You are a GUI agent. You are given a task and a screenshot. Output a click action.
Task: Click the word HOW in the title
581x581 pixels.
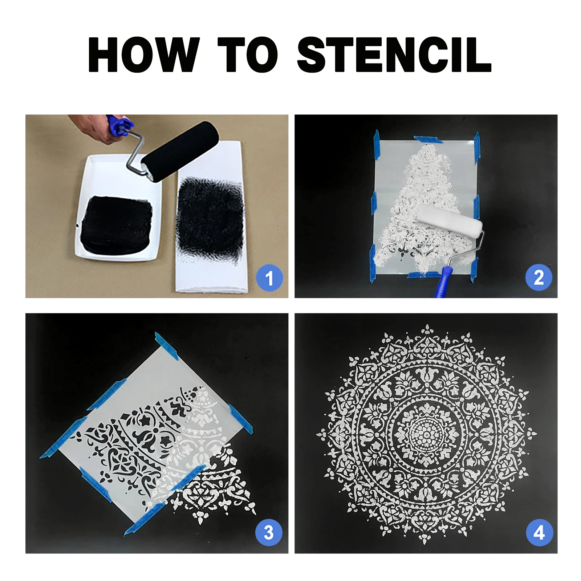coord(144,54)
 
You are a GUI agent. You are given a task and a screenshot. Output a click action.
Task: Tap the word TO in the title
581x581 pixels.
coord(248,54)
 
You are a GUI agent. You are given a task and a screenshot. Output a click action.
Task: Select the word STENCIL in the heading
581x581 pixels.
coord(394,54)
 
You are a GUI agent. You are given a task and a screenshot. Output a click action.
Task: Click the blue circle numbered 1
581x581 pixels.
coord(269,278)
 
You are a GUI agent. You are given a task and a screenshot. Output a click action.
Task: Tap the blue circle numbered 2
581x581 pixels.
coord(539,278)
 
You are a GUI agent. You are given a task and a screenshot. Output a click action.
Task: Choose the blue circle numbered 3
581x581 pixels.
coord(269,532)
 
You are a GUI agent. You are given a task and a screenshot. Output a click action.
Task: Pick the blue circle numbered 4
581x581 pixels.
coord(539,532)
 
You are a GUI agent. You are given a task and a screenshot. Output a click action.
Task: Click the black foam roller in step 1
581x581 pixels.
coord(180,150)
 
